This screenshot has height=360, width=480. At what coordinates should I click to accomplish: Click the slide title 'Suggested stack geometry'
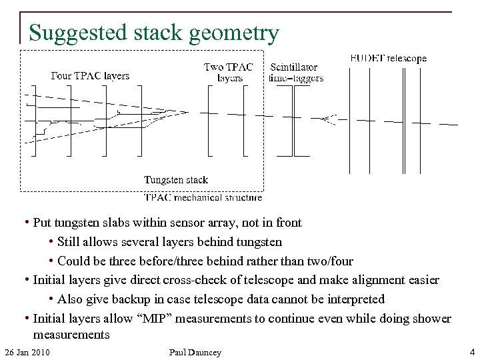click(153, 33)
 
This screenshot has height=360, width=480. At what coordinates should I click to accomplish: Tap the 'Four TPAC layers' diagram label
click(91, 75)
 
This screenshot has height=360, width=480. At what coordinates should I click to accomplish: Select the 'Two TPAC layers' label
click(229, 72)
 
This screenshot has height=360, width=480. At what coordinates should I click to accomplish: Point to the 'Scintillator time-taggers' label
click(296, 72)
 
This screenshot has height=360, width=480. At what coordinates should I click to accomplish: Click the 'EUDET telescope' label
click(388, 59)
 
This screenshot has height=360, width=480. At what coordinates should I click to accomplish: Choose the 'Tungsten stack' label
click(176, 179)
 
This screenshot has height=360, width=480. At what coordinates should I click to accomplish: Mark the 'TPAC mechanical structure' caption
click(203, 197)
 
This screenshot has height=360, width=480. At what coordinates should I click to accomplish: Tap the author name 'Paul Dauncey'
click(195, 351)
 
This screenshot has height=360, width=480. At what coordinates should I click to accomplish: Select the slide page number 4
click(472, 351)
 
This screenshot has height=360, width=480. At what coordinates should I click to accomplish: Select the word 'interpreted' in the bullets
click(353, 299)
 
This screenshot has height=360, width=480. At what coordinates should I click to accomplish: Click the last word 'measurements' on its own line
click(71, 334)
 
